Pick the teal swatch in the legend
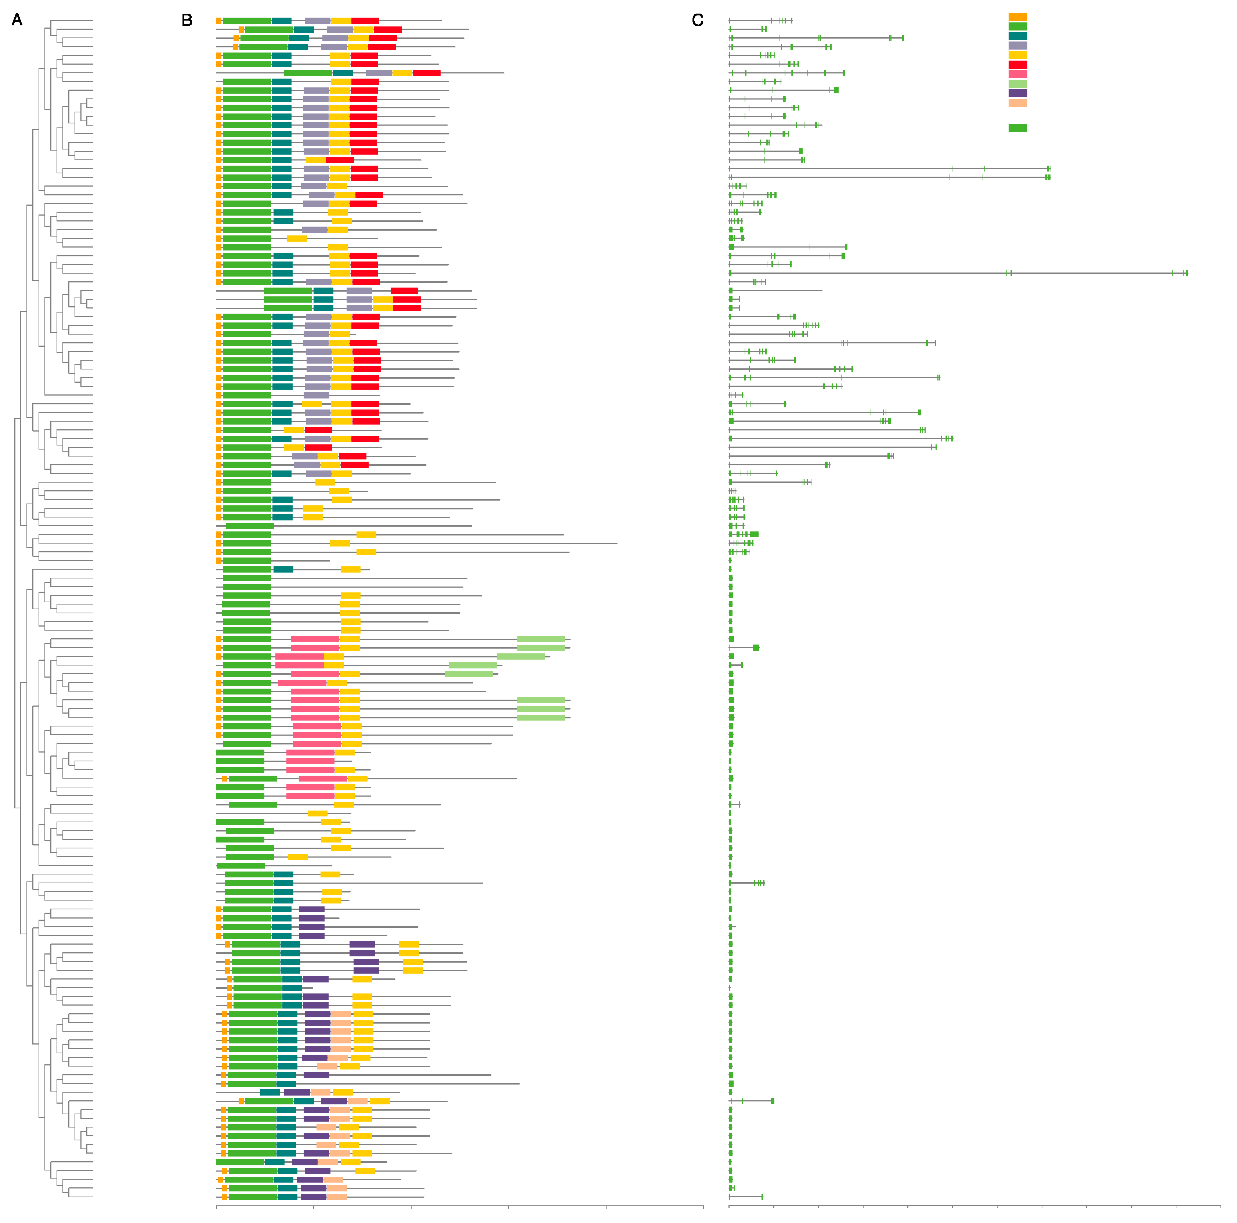pos(1017,36)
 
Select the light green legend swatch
pos(1017,84)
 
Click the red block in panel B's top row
pos(365,21)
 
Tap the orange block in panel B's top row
pos(219,21)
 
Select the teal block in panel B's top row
pos(281,21)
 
